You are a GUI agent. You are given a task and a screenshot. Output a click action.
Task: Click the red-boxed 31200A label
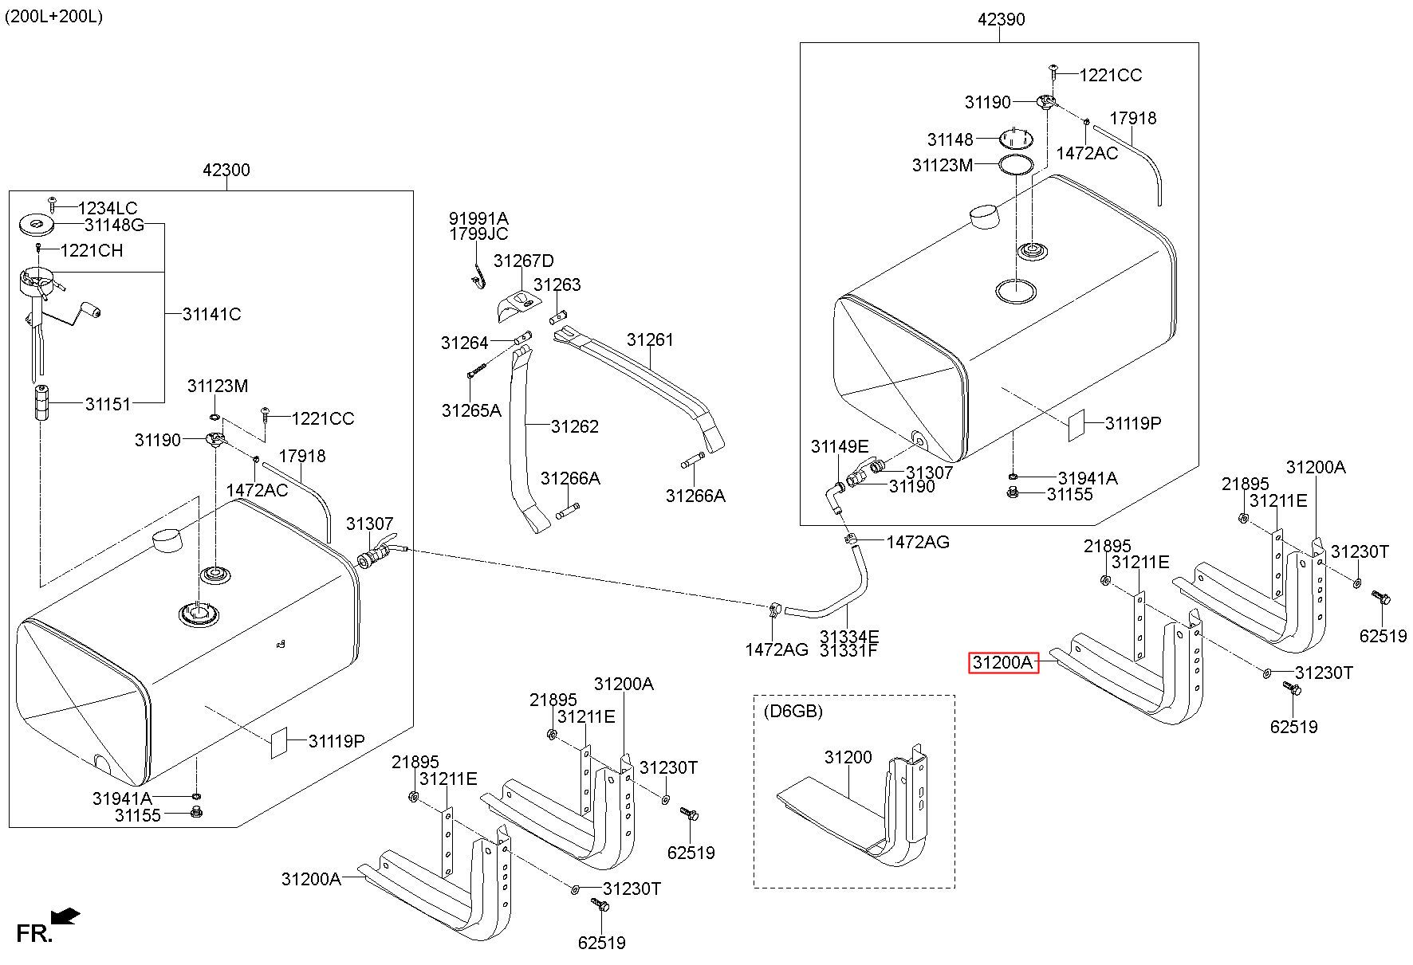(x=1003, y=662)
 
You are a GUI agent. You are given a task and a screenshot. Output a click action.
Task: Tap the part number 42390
(x=1001, y=19)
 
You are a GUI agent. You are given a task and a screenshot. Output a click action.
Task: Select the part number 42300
(x=226, y=169)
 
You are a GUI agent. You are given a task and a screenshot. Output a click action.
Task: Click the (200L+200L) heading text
(x=54, y=16)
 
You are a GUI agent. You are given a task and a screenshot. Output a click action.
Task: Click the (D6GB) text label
(x=793, y=711)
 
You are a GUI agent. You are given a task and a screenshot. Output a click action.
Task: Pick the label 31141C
(x=211, y=314)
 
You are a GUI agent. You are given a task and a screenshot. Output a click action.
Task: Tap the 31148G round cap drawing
(x=37, y=224)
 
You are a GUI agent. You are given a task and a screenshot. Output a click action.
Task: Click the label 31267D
(x=523, y=261)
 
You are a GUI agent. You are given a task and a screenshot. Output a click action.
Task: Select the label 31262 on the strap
(x=574, y=426)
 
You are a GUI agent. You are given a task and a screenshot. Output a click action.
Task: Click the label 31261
(x=650, y=339)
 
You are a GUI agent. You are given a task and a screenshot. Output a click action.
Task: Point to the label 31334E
(x=849, y=636)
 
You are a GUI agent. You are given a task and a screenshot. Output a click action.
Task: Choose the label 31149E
(x=840, y=446)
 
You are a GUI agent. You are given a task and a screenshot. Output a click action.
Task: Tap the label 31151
(x=108, y=404)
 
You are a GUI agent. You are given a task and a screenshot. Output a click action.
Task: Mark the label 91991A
(x=478, y=218)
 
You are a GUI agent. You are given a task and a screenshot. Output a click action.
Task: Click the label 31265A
(x=471, y=410)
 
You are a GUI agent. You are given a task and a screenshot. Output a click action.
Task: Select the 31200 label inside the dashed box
(x=848, y=757)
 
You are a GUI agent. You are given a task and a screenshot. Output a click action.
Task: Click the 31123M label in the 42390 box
(x=942, y=165)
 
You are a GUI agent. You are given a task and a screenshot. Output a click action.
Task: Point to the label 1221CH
(x=92, y=250)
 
